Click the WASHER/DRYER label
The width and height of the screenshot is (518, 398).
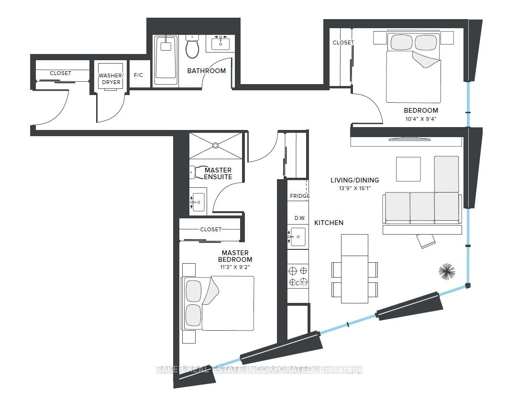[x=111, y=79]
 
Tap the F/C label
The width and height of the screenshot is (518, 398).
[x=138, y=75]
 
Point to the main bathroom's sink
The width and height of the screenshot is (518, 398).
[x=220, y=43]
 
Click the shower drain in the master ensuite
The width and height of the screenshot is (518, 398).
[x=215, y=145]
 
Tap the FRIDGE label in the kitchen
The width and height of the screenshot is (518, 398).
[x=299, y=196]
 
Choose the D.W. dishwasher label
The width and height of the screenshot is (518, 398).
[x=300, y=218]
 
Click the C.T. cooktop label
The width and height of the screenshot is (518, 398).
[x=299, y=283]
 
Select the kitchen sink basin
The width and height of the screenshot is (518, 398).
[x=298, y=237]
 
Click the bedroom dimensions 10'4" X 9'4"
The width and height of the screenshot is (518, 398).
[x=421, y=119]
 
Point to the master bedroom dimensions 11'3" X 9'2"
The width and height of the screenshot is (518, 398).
[x=235, y=267]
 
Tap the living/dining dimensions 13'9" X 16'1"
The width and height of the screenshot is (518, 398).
[x=355, y=188]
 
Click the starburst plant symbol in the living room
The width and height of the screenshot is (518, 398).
[x=447, y=271]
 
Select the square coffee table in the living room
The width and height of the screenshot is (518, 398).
[x=408, y=169]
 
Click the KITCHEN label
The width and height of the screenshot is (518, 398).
[x=329, y=223]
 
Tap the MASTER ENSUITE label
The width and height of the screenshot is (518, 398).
[x=218, y=173]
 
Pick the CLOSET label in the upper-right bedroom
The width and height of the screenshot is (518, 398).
[x=343, y=43]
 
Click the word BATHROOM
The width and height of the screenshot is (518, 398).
[x=207, y=71]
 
